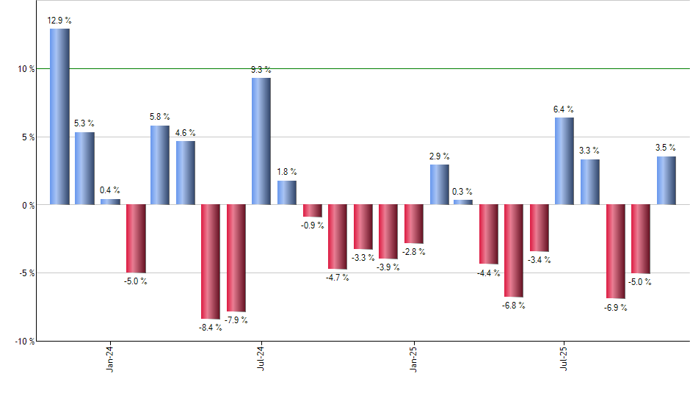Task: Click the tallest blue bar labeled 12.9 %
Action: [x=59, y=116]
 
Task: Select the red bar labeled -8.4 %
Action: [x=211, y=261]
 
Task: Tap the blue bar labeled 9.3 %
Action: [x=261, y=141]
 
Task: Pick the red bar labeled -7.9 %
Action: [x=236, y=258]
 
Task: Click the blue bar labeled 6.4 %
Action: [x=564, y=161]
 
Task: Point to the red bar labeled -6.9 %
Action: [x=615, y=251]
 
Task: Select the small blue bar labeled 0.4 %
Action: [x=110, y=201]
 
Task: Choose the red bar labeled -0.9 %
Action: [x=312, y=210]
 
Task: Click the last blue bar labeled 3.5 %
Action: [x=666, y=180]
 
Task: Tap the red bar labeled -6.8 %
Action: [x=513, y=250]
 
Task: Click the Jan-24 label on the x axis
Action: [x=110, y=358]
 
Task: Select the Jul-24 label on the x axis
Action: [x=261, y=358]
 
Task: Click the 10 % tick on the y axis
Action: [x=27, y=69]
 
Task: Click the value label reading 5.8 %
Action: [x=160, y=117]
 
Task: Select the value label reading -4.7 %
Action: [x=338, y=278]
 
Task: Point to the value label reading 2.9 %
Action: [x=440, y=156]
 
